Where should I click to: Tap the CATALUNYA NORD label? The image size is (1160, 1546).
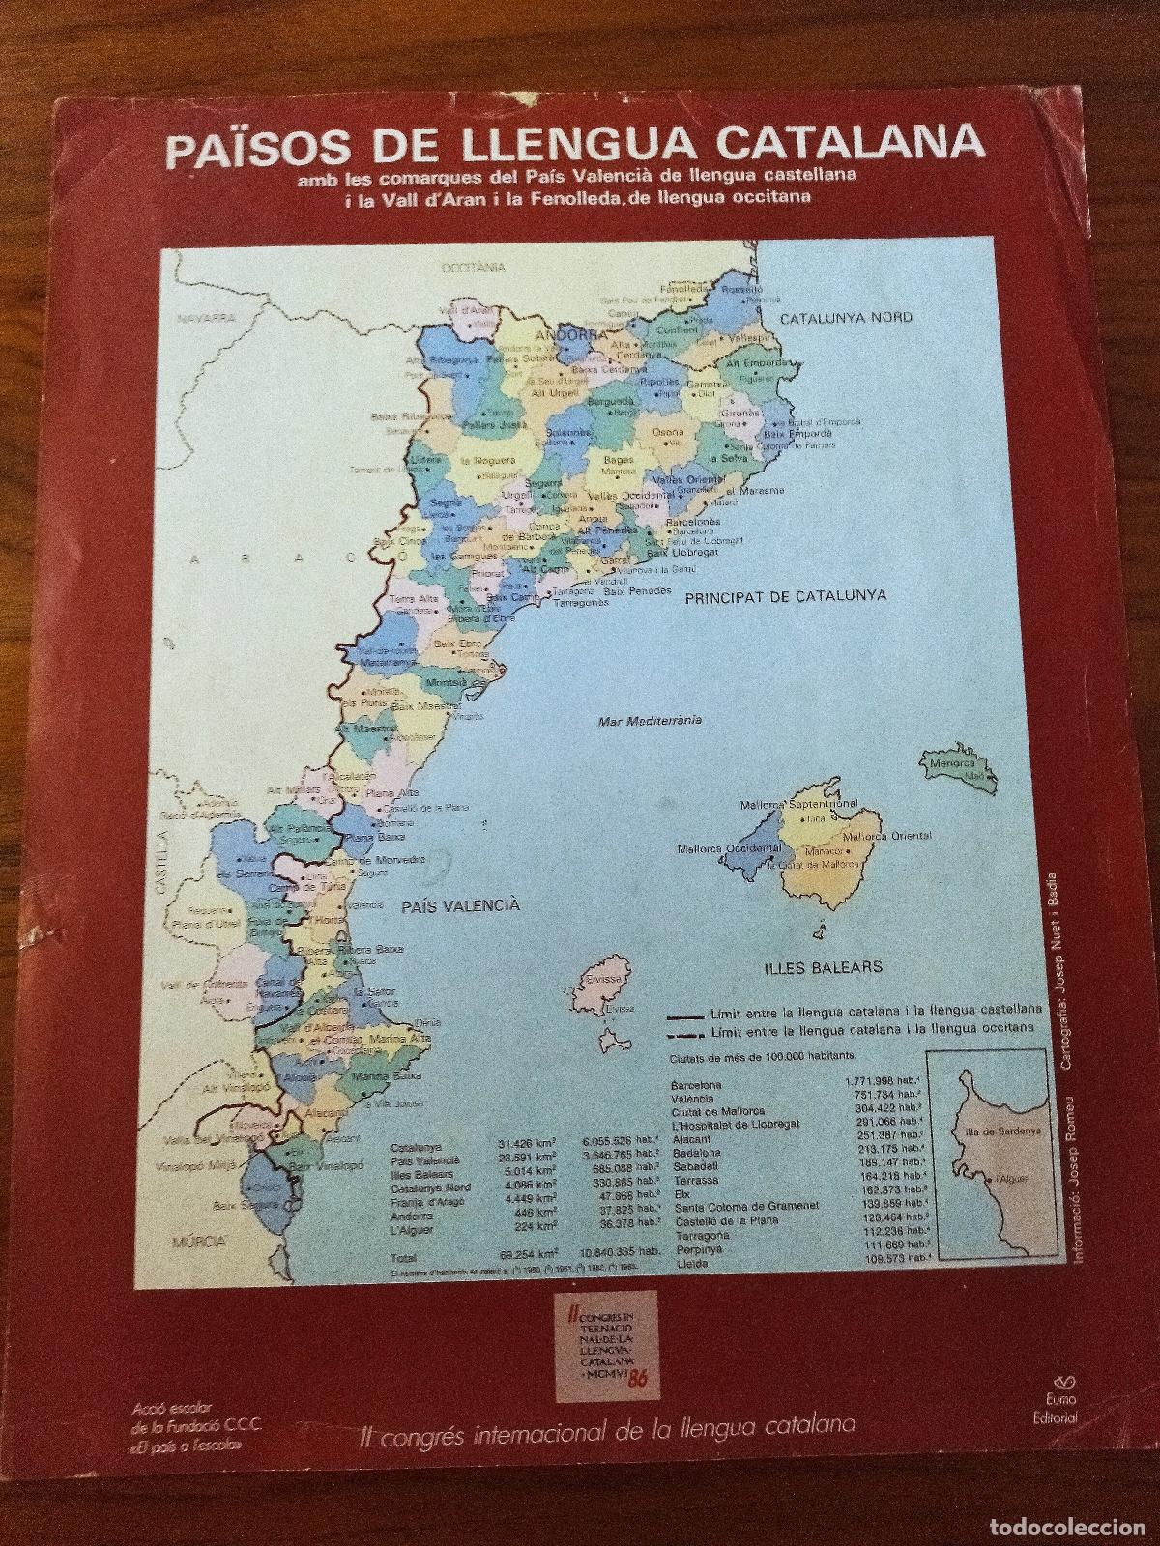pos(846,317)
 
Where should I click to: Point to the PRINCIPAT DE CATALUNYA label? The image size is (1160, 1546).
pos(785,596)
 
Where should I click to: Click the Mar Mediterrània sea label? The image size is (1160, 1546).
pos(650,721)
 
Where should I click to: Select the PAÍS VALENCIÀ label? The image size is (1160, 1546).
pos(460,905)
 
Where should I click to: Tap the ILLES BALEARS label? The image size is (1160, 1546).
pos(809,965)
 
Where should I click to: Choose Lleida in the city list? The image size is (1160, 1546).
pos(686,1262)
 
